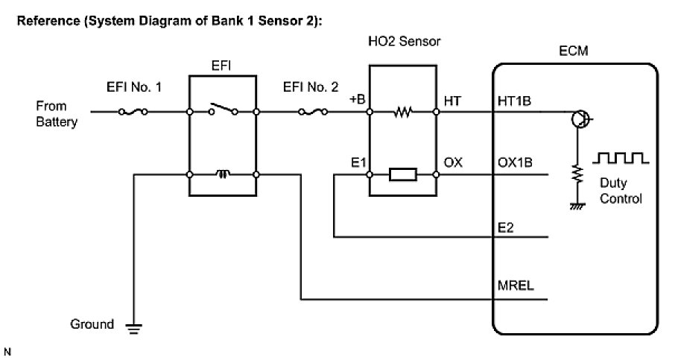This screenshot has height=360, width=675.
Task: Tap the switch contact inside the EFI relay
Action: pos(223,110)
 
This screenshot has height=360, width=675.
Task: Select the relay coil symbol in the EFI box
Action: pos(223,174)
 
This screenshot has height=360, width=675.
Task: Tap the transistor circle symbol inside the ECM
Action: pos(580,119)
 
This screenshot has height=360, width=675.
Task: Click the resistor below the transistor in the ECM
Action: pos(575,173)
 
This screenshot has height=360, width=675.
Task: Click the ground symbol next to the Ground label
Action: pos(134,326)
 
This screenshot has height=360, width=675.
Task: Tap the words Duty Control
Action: pos(621,192)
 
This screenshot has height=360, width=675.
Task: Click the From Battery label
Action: pos(57,114)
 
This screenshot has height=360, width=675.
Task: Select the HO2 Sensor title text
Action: pos(404,42)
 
